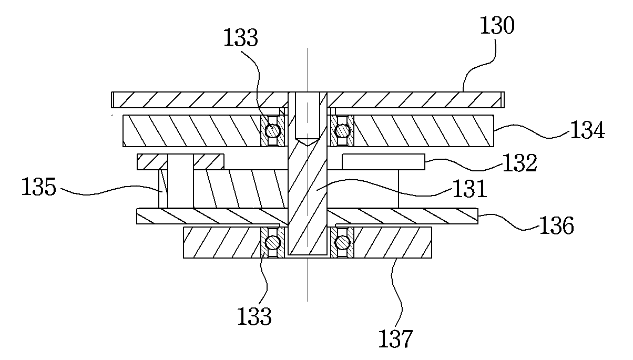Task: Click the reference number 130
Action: click(x=497, y=25)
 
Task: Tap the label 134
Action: click(x=587, y=130)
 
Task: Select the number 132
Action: click(x=519, y=163)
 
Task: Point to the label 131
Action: click(x=469, y=189)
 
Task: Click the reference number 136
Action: click(x=557, y=225)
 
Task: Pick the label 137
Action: click(x=395, y=339)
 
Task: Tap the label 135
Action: click(x=39, y=187)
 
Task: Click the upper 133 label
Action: click(x=241, y=38)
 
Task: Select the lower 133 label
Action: click(x=254, y=316)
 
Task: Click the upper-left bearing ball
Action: click(x=272, y=131)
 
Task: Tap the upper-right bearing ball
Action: click(x=342, y=131)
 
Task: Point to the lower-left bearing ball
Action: click(x=272, y=243)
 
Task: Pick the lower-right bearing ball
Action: click(x=342, y=243)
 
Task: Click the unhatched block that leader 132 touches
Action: click(x=383, y=162)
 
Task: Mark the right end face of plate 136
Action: click(x=478, y=216)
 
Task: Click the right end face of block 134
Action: click(x=494, y=131)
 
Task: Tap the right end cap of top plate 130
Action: click(x=503, y=100)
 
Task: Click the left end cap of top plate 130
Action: click(x=113, y=100)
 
